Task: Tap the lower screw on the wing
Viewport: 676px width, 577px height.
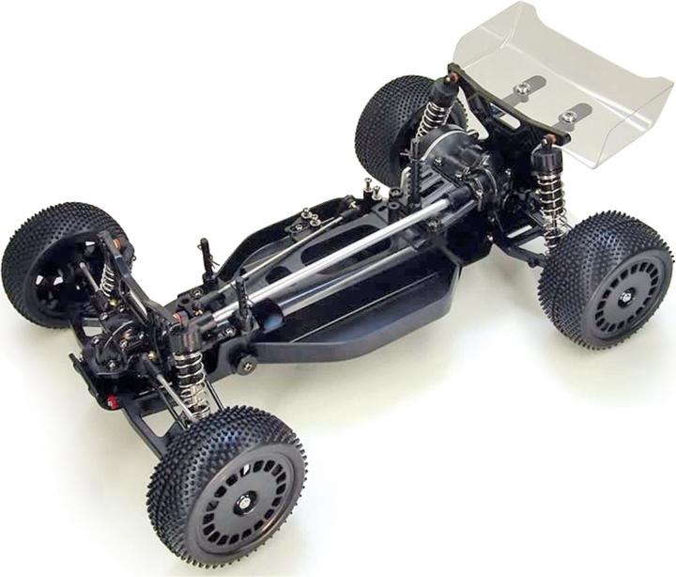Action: [568, 117]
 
